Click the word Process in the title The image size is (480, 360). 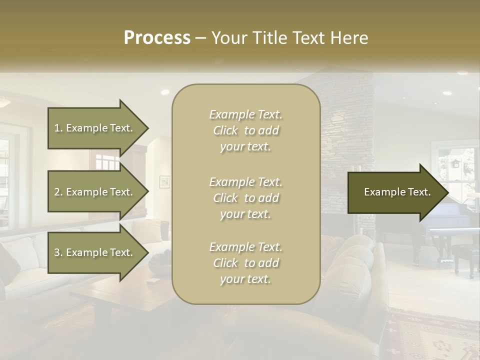157,38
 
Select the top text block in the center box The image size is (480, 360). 245,130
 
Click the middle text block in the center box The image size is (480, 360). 245,198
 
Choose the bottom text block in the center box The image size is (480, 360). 245,263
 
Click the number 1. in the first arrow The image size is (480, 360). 58,128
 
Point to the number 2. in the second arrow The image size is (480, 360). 58,192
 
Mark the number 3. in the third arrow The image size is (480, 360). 58,252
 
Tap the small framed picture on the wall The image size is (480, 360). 164,181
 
